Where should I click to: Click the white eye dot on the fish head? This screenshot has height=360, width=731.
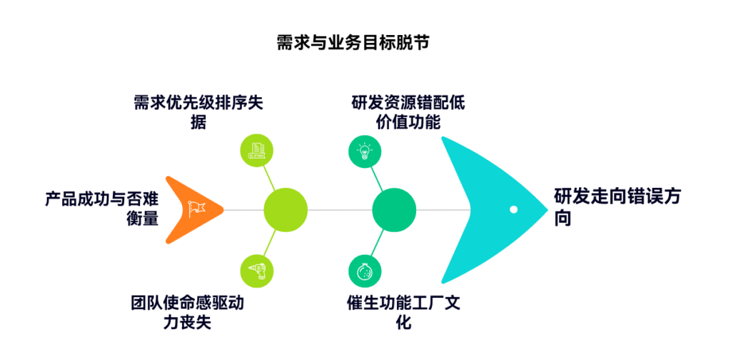513,209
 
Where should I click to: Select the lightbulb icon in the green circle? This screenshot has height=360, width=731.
365,151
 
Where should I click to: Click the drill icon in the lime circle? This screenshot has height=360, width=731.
257,271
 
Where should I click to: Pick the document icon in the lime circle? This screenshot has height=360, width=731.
257,151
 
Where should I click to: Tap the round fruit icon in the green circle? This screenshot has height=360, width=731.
365,271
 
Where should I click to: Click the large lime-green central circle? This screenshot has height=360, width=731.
286,210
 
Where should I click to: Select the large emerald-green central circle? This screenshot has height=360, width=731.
394,210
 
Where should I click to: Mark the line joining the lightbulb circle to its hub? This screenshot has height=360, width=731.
377,176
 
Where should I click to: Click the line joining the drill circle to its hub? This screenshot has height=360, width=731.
269,244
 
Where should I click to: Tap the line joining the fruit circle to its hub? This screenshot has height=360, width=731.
377,244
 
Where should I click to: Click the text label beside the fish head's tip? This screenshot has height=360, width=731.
617,207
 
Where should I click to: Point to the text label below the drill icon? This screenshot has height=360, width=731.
187,312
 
